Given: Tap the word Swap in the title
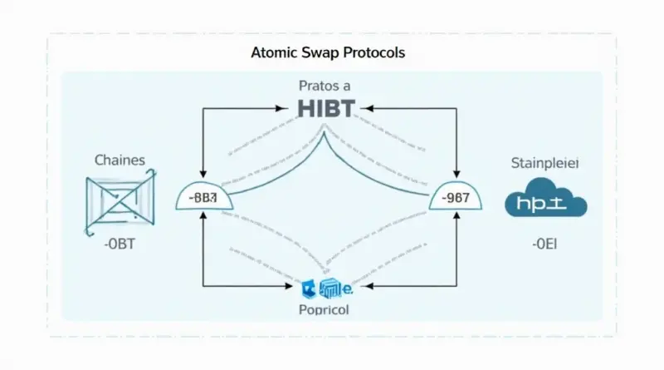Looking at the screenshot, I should pos(319,52).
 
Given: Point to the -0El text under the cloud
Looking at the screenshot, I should pos(544,244).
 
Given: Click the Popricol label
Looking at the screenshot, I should pos(325,308).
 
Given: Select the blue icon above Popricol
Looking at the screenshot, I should pos(325,288).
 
